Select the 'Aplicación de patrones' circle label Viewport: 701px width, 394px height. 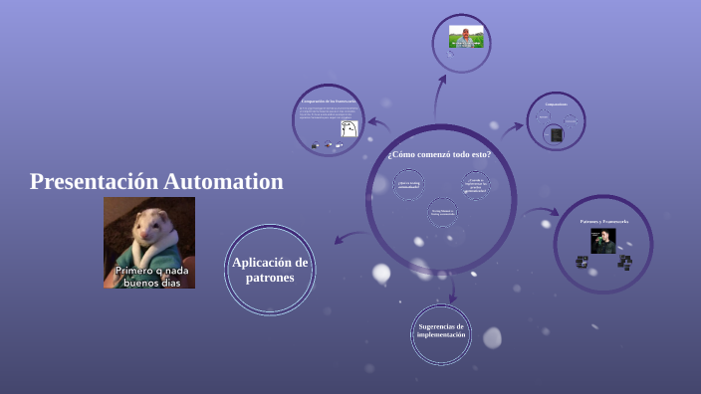[x=270, y=270]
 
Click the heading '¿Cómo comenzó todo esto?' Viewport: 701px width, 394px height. [x=439, y=154]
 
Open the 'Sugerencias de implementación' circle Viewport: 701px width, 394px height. [x=441, y=330]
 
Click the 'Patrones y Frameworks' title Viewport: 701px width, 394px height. [x=603, y=220]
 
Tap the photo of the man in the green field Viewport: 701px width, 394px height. [x=465, y=37]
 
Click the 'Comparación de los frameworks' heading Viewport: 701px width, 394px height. [x=328, y=101]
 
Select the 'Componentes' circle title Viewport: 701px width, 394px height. [x=556, y=104]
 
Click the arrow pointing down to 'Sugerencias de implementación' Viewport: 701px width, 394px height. [x=452, y=289]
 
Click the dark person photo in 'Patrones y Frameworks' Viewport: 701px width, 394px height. [x=603, y=240]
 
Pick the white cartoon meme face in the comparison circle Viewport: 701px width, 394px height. [x=349, y=129]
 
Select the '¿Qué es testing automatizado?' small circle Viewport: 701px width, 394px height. [x=409, y=184]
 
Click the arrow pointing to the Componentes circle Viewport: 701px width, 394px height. [x=513, y=126]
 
